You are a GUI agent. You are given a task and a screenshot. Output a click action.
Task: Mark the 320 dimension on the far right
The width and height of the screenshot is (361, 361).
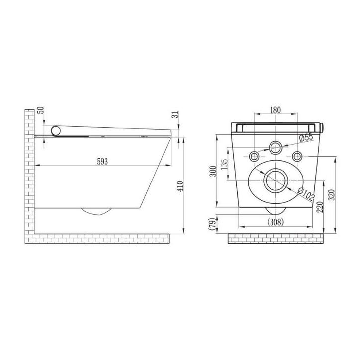point(338,193)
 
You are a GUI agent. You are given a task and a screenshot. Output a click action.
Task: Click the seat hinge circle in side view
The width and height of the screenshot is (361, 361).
point(56,130)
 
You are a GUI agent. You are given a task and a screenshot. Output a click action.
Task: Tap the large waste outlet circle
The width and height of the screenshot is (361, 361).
point(275,181)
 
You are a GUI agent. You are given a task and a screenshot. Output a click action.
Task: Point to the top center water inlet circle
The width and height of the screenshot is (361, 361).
point(275,147)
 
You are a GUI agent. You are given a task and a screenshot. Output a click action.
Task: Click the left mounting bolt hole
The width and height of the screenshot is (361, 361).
point(254,154)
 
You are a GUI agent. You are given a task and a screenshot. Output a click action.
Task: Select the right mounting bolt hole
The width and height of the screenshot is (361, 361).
point(297,154)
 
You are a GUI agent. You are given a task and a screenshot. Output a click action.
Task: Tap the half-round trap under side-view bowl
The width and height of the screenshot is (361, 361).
point(96,211)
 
